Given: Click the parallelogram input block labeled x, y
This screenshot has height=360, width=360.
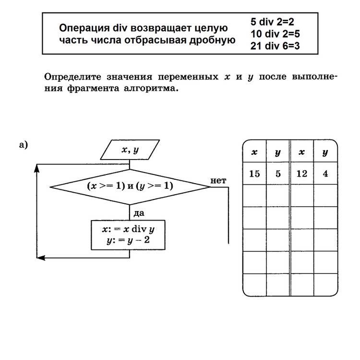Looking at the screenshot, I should pyautogui.click(x=130, y=150).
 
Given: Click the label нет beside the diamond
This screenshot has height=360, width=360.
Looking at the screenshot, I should pyautogui.click(x=218, y=180).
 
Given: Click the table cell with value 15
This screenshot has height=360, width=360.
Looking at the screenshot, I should pyautogui.click(x=254, y=174).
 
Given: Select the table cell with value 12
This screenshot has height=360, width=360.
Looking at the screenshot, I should pyautogui.click(x=302, y=174).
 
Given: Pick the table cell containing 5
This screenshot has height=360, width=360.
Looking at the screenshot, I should pyautogui.click(x=278, y=174).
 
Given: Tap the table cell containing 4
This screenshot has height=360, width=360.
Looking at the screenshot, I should pyautogui.click(x=325, y=174).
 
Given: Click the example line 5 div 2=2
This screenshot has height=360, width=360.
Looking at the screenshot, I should pyautogui.click(x=272, y=22).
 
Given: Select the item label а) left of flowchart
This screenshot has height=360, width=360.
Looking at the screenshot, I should pyautogui.click(x=24, y=144).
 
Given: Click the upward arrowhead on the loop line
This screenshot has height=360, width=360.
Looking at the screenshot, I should pyautogui.click(x=37, y=168).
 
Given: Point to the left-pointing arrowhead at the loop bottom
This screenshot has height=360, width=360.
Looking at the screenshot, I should pyautogui.click(x=41, y=258).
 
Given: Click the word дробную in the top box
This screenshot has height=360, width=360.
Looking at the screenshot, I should pyautogui.click(x=214, y=40).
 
